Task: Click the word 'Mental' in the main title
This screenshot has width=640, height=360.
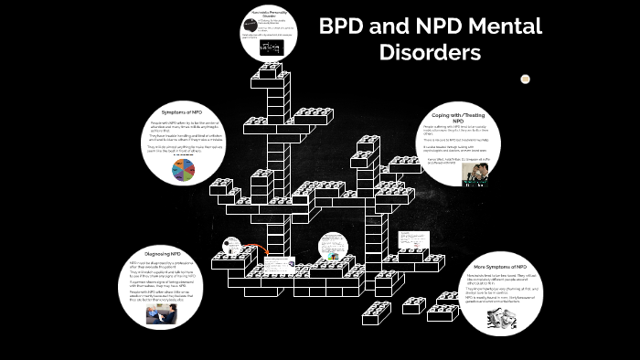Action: [x=497, y=26]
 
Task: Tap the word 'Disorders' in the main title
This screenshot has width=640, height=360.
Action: [x=430, y=53]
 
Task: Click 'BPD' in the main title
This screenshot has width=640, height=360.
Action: [x=345, y=26]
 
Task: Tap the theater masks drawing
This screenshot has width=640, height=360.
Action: [x=502, y=316]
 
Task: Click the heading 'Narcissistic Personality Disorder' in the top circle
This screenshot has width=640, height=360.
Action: [x=270, y=16]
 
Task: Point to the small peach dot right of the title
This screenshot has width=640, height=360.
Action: [x=526, y=79]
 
